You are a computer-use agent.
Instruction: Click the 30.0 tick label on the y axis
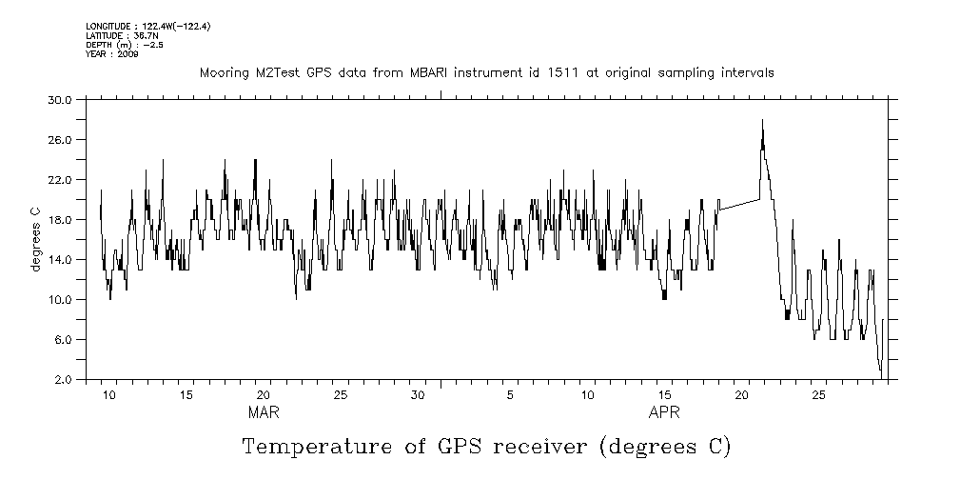click(x=60, y=99)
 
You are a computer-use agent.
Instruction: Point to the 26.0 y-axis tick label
click(x=60, y=139)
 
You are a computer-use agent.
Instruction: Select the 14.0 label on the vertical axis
click(x=60, y=259)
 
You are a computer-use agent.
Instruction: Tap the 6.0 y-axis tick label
click(x=63, y=339)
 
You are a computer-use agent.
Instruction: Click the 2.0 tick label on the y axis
click(x=63, y=379)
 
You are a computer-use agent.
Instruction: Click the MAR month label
click(x=264, y=412)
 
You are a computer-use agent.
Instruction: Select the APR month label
click(x=664, y=412)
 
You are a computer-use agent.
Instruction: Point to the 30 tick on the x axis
click(x=418, y=394)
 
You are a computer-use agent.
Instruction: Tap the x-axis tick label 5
click(x=511, y=394)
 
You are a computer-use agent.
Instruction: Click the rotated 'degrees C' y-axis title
click(x=35, y=239)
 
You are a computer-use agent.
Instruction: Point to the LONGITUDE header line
click(x=147, y=26)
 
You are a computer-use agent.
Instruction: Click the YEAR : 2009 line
click(x=111, y=54)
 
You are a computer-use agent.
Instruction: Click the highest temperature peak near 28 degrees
click(x=762, y=121)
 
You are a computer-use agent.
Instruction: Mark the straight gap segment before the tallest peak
click(x=739, y=204)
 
